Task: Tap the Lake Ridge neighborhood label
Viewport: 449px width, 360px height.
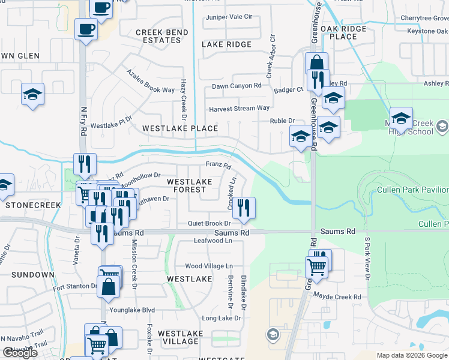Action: [227, 44]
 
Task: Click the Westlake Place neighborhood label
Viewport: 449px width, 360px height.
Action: [180, 129]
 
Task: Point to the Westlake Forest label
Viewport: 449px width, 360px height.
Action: [189, 185]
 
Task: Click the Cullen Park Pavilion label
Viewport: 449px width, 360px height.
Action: [412, 190]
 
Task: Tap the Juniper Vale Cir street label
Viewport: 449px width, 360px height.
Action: [229, 17]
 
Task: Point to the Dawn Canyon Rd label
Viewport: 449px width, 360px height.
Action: [237, 86]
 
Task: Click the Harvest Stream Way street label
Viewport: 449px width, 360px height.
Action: [239, 109]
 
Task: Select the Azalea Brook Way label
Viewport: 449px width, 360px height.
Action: [150, 80]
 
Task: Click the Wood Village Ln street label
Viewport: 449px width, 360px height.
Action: [208, 266]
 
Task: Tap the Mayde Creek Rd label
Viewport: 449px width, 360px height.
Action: [339, 297]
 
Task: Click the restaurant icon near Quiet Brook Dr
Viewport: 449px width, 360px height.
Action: [244, 208]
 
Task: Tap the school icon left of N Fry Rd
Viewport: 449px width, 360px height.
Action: [32, 94]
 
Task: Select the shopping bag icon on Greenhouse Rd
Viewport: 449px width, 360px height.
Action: [316, 63]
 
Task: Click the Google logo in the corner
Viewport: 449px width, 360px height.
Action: [20, 353]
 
